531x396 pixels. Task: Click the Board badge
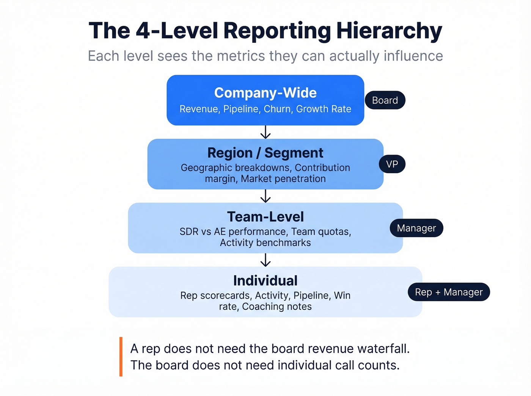[x=385, y=100]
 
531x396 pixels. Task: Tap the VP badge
[x=392, y=164]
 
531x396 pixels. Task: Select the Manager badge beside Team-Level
[x=416, y=228]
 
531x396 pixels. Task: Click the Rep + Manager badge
[x=449, y=292]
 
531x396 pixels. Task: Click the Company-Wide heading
[x=265, y=93]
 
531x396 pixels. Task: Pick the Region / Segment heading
[x=265, y=153]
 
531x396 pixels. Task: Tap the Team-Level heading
[x=265, y=217]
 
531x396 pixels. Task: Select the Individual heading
[x=265, y=281]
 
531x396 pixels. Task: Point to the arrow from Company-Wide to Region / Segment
[x=265, y=132]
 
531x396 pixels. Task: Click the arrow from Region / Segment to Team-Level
[x=265, y=196]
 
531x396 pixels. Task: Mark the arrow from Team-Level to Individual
[x=265, y=260]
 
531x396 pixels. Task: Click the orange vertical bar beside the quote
[x=121, y=356]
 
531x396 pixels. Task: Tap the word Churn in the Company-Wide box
[x=277, y=109]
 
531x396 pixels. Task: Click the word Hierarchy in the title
[x=389, y=31]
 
